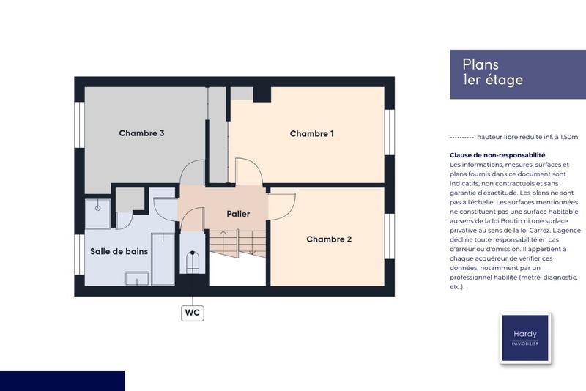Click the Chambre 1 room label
point(311,133)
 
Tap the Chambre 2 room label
point(329,239)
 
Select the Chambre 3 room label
point(141,133)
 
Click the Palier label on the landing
point(237,214)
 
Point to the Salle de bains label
point(119,251)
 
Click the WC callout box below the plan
point(193,313)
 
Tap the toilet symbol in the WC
point(193,263)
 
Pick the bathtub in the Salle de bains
point(163,258)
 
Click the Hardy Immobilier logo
point(524,338)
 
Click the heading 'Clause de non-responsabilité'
point(497,155)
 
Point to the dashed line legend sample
point(461,137)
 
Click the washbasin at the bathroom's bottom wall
point(138,278)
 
